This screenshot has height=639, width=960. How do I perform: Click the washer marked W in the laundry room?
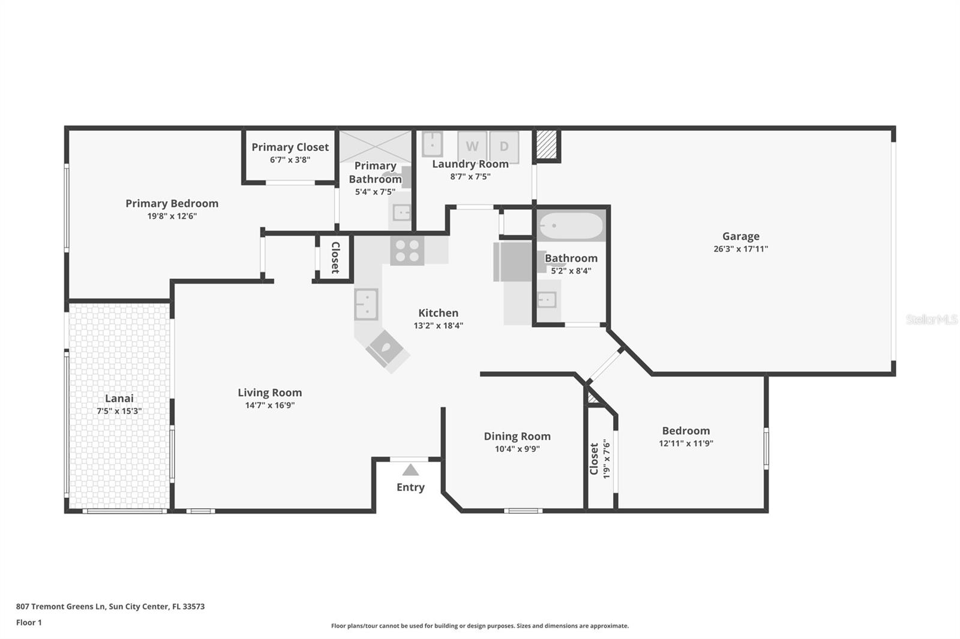pos(472,146)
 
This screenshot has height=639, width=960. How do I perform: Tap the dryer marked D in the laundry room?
pos(504,146)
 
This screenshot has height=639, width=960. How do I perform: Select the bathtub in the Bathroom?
pos(571,227)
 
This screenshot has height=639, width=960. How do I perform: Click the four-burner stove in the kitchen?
pos(407,251)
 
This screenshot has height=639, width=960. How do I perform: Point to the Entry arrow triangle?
pos(410,470)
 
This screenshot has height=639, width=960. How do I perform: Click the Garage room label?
pos(740,236)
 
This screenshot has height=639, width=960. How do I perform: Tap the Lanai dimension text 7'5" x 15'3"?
pos(119,411)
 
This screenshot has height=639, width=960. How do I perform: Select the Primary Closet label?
pos(290,147)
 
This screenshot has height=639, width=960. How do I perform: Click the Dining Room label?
pos(517,436)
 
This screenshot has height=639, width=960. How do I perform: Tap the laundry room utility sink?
pos(432,144)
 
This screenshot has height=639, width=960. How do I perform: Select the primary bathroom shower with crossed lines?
pos(375,146)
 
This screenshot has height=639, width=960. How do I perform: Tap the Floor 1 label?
pos(29,622)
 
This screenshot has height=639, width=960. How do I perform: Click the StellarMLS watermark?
pos(931,319)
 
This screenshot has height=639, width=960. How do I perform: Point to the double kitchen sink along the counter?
pos(366,304)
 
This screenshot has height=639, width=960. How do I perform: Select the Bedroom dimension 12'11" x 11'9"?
pos(686,444)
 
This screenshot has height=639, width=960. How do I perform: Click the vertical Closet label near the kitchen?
pos(335,257)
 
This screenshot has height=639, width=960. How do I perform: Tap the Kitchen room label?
pos(438,313)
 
